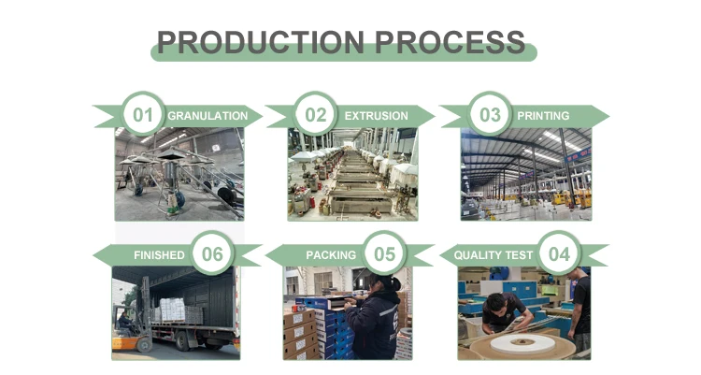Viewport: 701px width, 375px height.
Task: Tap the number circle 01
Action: coord(142,116)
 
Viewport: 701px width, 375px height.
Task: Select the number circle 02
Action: coord(316,116)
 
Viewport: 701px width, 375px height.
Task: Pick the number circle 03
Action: coord(490,116)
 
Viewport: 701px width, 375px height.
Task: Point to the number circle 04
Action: coord(559,254)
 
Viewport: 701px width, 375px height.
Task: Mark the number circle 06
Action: coord(212,254)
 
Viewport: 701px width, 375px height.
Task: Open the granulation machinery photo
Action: coord(179,175)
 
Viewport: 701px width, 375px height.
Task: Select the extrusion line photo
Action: coord(352,175)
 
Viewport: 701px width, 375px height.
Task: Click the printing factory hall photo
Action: coord(526,175)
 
